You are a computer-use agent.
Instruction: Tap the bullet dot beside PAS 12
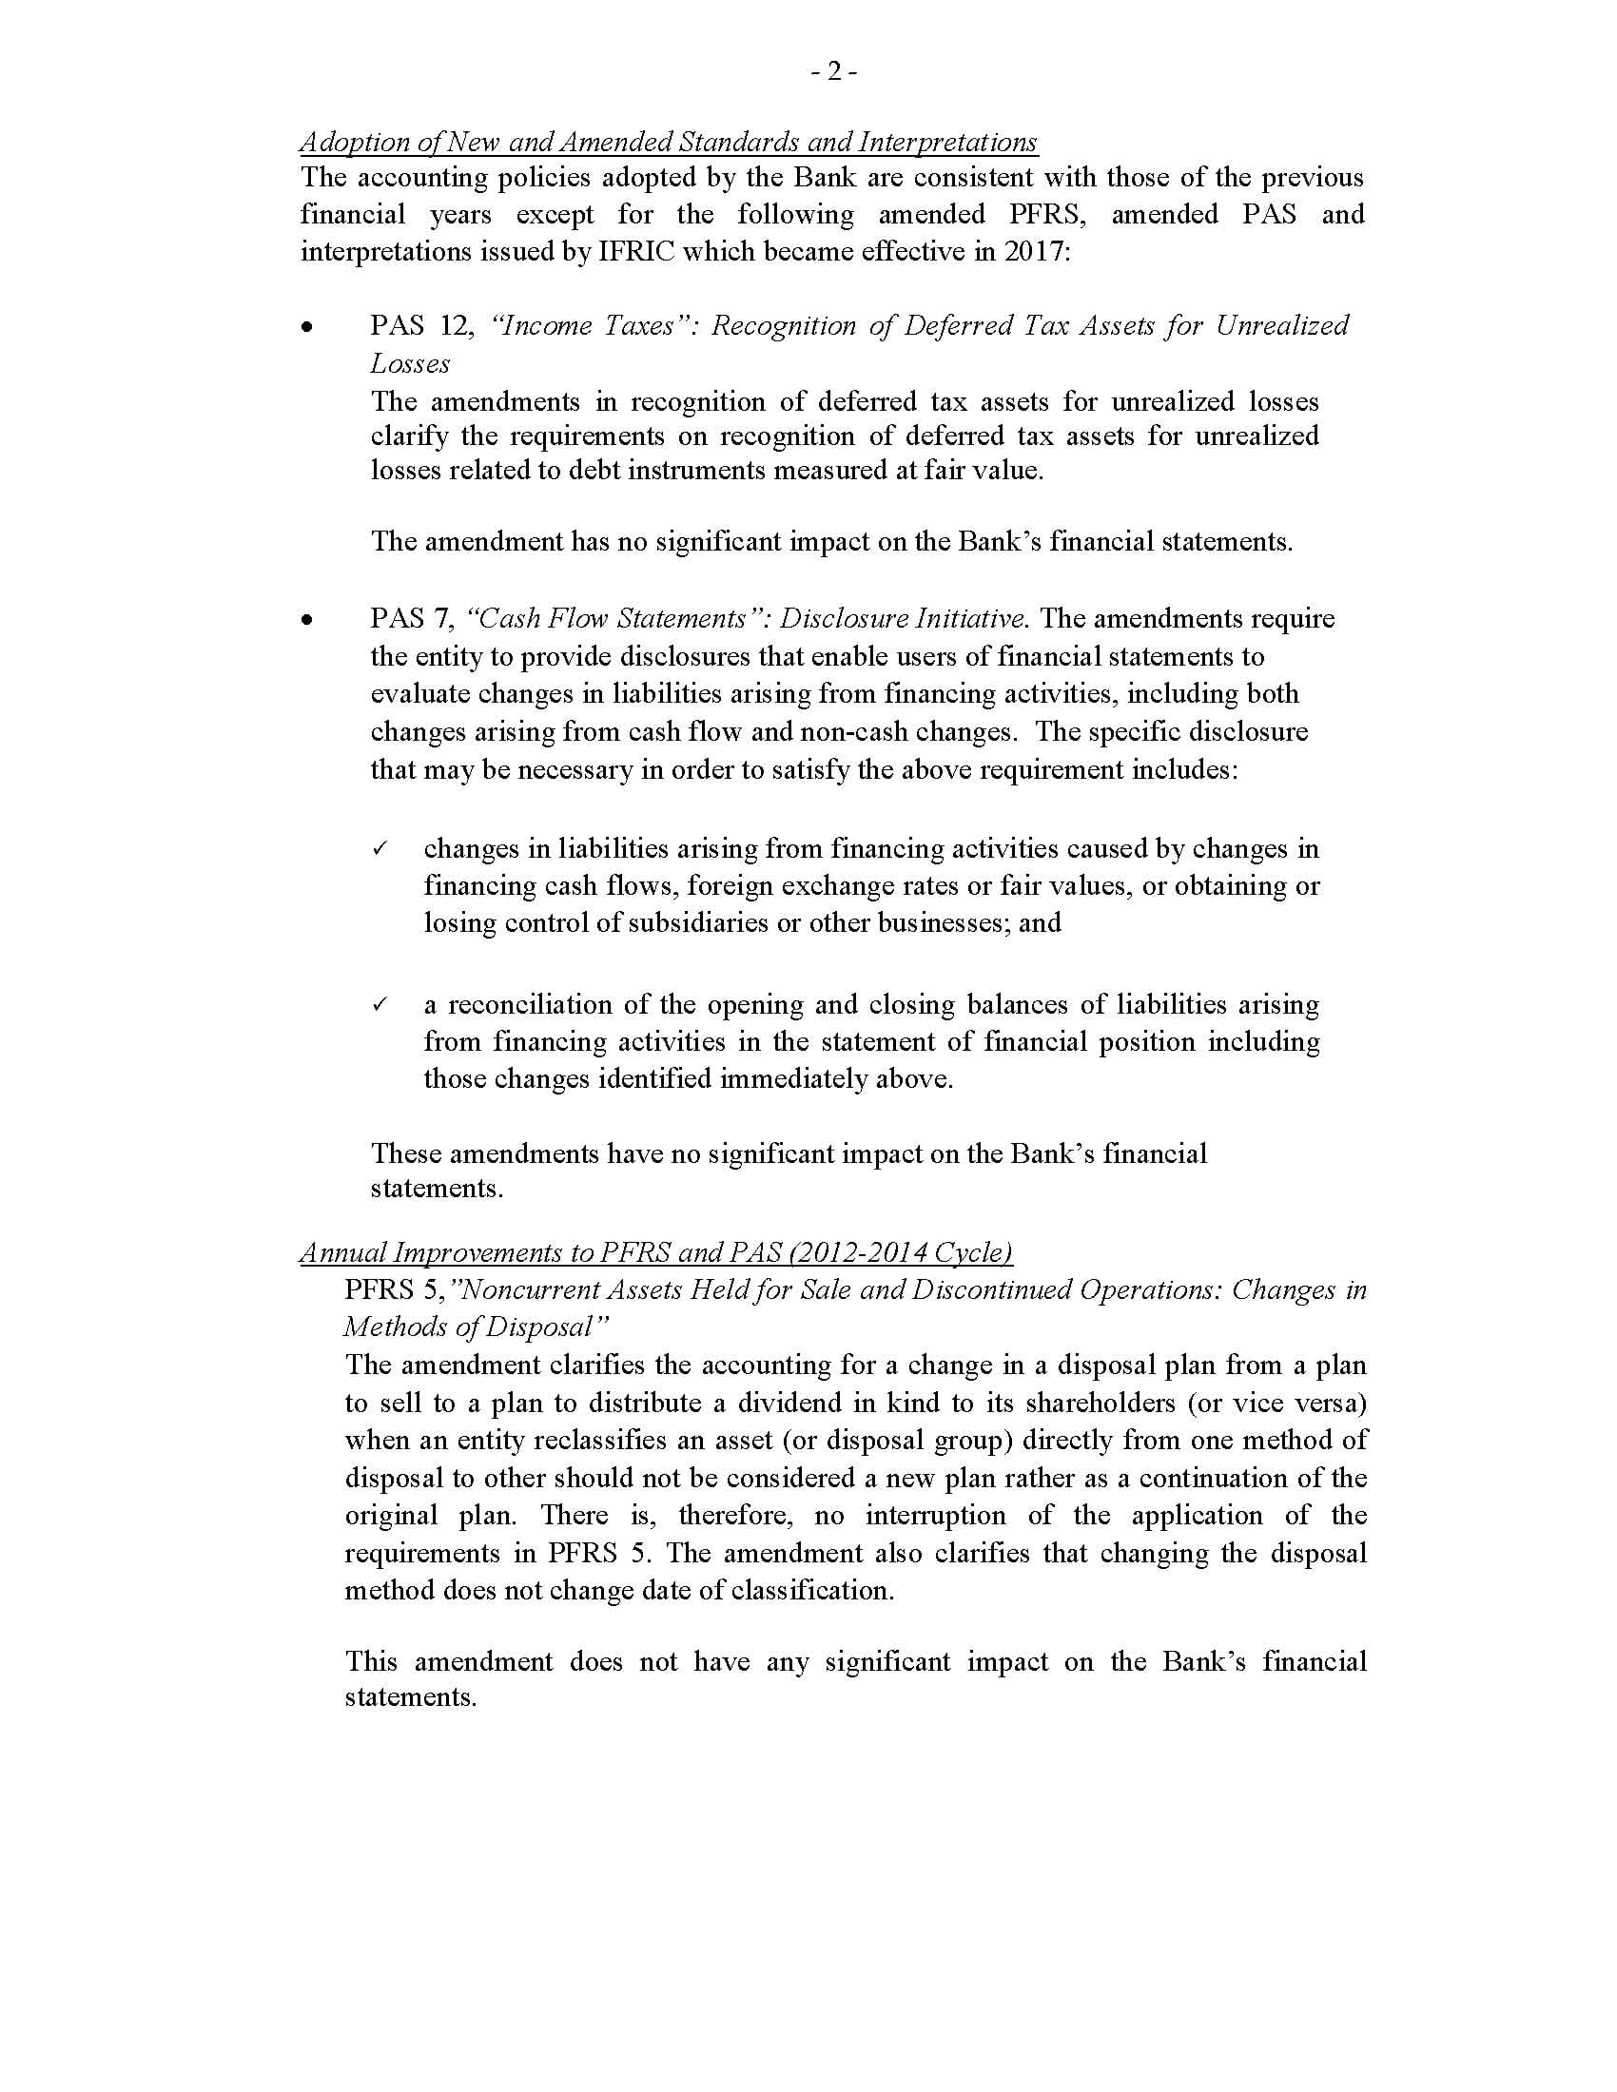click(x=306, y=328)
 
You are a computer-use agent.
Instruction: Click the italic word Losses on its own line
click(x=410, y=364)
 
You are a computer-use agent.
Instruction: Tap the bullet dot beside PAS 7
click(x=306, y=620)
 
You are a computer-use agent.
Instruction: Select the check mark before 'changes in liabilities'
click(x=379, y=848)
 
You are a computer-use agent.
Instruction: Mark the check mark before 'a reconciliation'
click(x=379, y=1005)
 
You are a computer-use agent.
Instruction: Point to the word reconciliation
click(x=544, y=1005)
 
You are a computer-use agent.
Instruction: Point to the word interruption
click(x=936, y=1516)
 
